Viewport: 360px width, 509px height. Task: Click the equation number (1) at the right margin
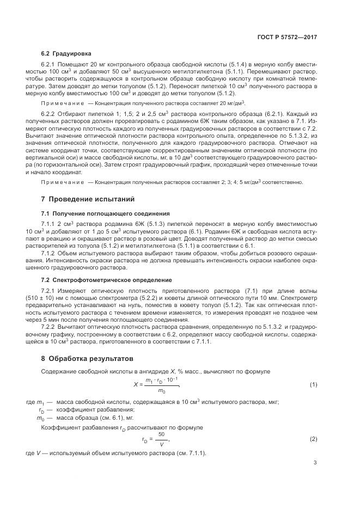click(313, 385)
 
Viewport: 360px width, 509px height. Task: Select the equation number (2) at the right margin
click(313, 439)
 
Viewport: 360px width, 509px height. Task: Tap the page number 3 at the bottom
click(315, 463)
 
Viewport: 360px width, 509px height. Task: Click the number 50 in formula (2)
click(161, 434)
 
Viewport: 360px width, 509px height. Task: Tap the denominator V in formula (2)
click(161, 443)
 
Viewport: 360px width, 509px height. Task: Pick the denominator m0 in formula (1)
click(161, 390)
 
